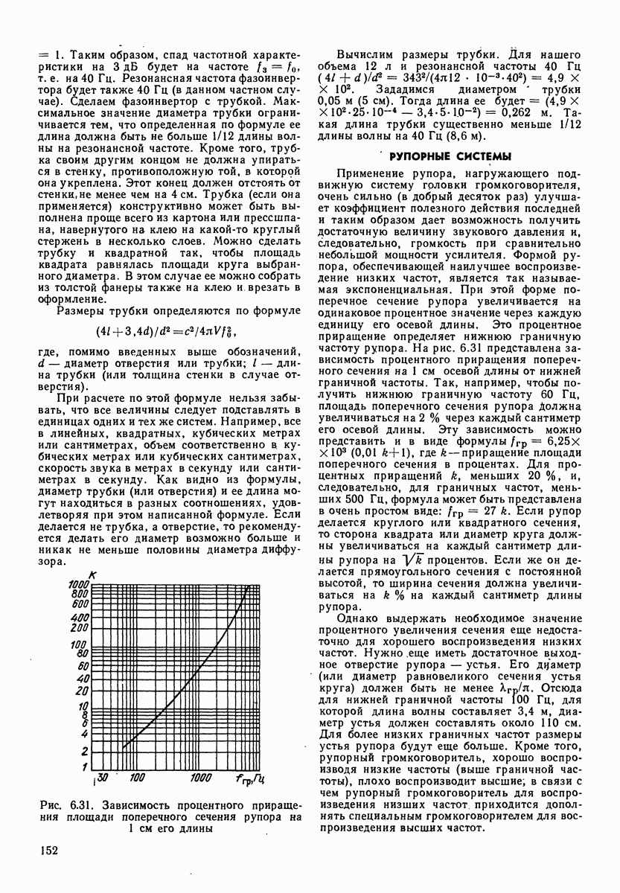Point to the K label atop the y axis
point(91,573)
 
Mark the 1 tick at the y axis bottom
point(86,767)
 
